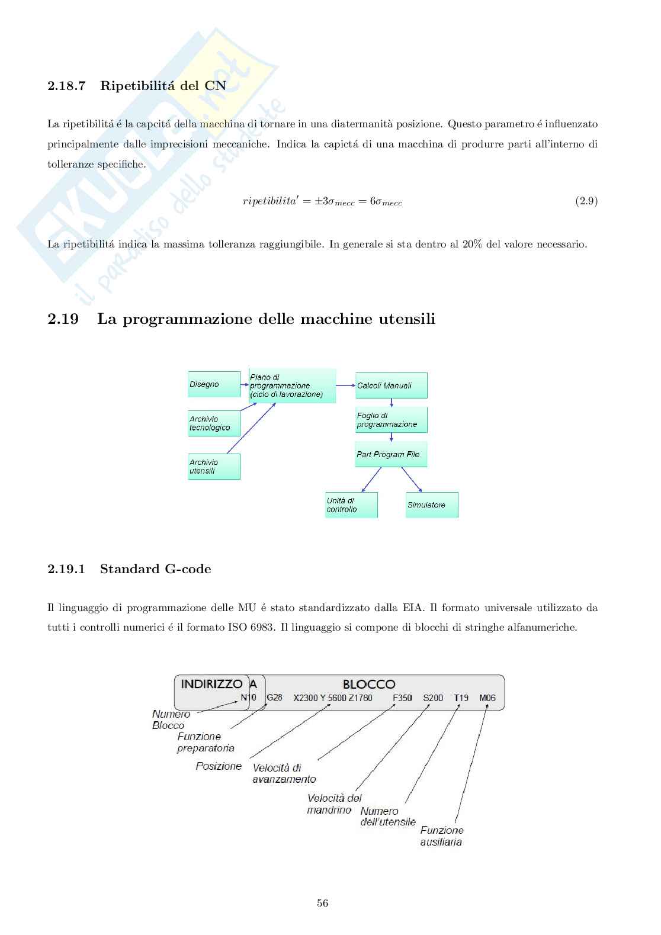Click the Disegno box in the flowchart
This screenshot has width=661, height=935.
click(214, 384)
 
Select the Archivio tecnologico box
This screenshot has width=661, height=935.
click(214, 423)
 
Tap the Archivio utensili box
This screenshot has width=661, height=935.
click(214, 467)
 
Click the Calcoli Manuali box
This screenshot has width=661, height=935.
click(391, 385)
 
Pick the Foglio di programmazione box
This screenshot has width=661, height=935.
click(391, 420)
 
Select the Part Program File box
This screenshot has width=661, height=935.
click(391, 454)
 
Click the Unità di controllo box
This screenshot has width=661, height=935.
click(351, 505)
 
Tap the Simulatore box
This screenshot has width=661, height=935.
click(431, 505)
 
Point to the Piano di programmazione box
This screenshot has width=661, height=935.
click(292, 385)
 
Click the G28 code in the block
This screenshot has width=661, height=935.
click(274, 698)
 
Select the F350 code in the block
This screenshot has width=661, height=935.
click(402, 698)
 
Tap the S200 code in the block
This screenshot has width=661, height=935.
click(433, 698)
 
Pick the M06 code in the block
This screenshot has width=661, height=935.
click(487, 698)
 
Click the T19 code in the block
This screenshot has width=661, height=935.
click(461, 698)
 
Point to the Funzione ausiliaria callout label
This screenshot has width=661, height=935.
click(442, 836)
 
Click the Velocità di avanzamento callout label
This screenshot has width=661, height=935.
click(284, 773)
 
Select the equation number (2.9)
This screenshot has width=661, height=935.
click(586, 201)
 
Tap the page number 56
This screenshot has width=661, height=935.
click(323, 903)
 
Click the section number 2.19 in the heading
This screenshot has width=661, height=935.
click(63, 319)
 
